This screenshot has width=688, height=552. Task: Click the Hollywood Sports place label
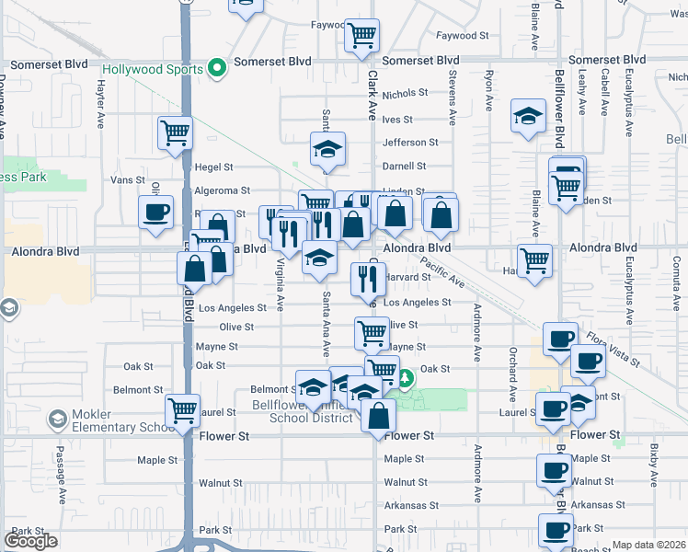(x=145, y=69)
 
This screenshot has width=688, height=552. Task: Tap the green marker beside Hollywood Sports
(x=217, y=68)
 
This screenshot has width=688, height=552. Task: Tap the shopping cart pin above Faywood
(x=361, y=37)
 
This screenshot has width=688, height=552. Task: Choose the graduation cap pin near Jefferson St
(x=327, y=149)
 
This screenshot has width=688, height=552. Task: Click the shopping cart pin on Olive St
(x=372, y=332)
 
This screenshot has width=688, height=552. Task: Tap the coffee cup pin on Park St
(x=556, y=530)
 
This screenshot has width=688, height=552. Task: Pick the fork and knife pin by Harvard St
(x=368, y=277)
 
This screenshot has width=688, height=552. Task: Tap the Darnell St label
(x=405, y=167)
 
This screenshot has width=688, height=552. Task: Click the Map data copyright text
(x=648, y=545)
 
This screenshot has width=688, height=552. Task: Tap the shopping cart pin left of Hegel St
(x=174, y=132)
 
